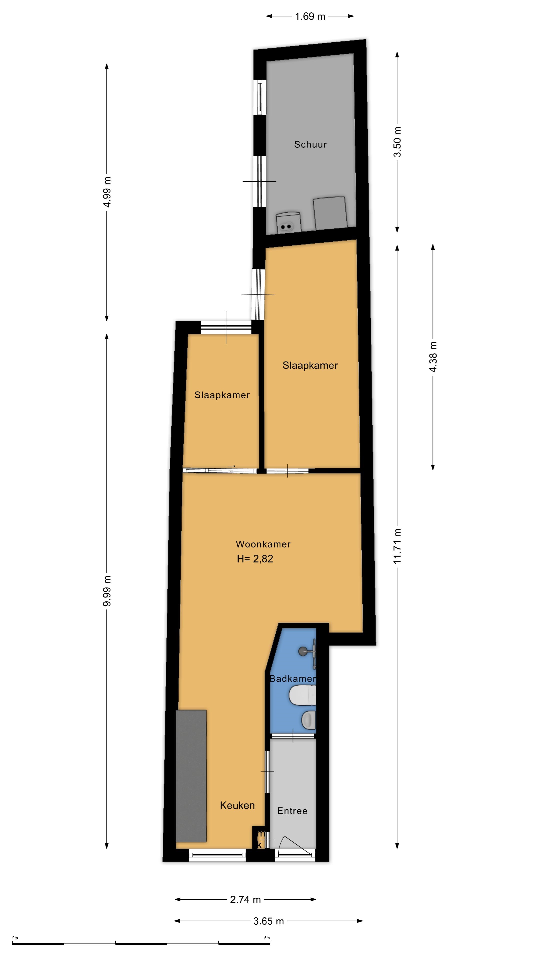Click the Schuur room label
(310, 144)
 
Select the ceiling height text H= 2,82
(255, 559)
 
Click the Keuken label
(237, 805)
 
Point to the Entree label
(292, 811)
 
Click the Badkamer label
(292, 679)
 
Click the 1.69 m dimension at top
(310, 17)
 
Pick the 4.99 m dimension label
(107, 192)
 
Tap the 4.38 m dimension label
(433, 357)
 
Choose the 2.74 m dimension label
(245, 900)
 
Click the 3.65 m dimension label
(269, 921)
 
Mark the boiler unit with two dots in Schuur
(288, 223)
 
